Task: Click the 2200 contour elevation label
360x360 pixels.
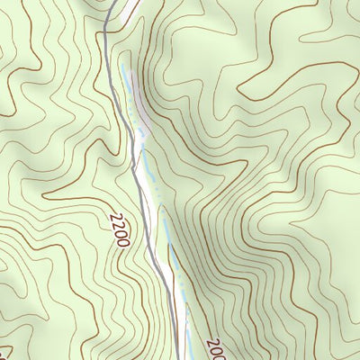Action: pyautogui.click(x=121, y=230)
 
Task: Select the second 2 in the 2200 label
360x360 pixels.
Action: pyautogui.click(x=120, y=226)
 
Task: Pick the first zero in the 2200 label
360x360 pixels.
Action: pyautogui.click(x=123, y=235)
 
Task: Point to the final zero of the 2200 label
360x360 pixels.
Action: pyautogui.click(x=127, y=244)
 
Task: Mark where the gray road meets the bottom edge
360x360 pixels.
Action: pyautogui.click(x=177, y=358)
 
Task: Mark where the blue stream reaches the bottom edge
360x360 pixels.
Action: pyautogui.click(x=188, y=358)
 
